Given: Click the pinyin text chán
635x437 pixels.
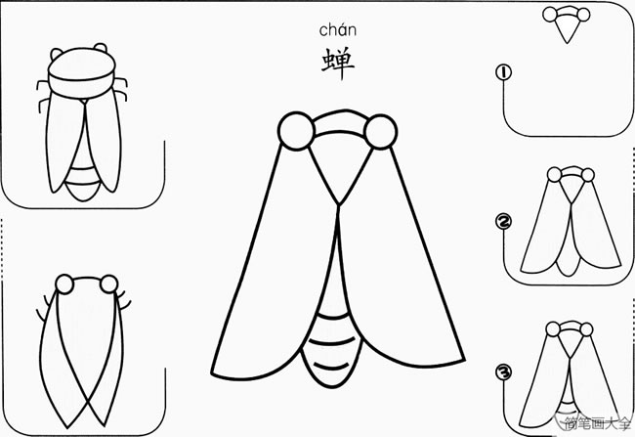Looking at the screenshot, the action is pyautogui.click(x=337, y=30).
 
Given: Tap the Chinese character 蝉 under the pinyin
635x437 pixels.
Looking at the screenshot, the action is pyautogui.click(x=338, y=64).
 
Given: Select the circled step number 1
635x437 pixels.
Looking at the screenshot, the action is pyautogui.click(x=503, y=72).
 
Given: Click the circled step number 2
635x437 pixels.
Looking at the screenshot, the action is pyautogui.click(x=503, y=221).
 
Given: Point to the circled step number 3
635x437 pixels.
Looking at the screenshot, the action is pyautogui.click(x=503, y=372).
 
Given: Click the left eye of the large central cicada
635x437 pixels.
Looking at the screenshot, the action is pyautogui.click(x=296, y=131).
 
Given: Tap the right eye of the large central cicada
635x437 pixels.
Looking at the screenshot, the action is pyautogui.click(x=380, y=132).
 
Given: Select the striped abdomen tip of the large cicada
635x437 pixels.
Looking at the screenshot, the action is pyautogui.click(x=332, y=349).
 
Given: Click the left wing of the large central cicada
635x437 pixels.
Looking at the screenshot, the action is pyautogui.click(x=275, y=284).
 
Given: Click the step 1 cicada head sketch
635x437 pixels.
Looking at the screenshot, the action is pyautogui.click(x=567, y=22).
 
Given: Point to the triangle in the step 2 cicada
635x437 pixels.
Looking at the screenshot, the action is pyautogui.click(x=571, y=190).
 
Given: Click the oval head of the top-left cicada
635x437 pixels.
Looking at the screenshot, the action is pyautogui.click(x=81, y=73).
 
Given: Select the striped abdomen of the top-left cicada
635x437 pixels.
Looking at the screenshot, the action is pyautogui.click(x=83, y=182).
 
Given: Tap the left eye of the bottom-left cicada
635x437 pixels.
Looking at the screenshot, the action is pyautogui.click(x=64, y=284).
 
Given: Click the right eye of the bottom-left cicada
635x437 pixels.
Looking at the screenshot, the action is pyautogui.click(x=109, y=284).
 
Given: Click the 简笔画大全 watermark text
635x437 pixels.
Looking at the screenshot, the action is pyautogui.click(x=598, y=423).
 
